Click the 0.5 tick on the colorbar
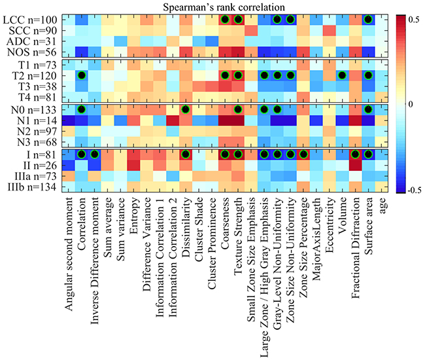[x=413, y=20]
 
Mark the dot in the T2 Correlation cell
[x=82, y=76]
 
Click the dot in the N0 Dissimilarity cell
[x=186, y=109]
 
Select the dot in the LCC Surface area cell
[x=368, y=20]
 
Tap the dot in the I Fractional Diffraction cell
[x=355, y=154]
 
